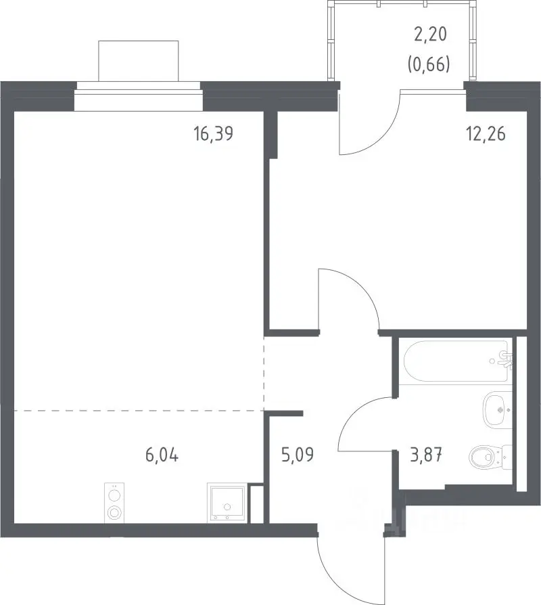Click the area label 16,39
pyautogui.click(x=214, y=134)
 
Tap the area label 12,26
pyautogui.click(x=486, y=134)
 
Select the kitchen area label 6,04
pyautogui.click(x=162, y=455)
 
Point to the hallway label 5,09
pyautogui.click(x=298, y=455)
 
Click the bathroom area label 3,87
pyautogui.click(x=426, y=455)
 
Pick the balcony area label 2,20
pyautogui.click(x=430, y=34)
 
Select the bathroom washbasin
pyautogui.click(x=498, y=410)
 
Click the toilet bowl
pyautogui.click(x=484, y=457)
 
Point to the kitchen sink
pyautogui.click(x=227, y=503)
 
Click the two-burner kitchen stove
pyautogui.click(x=114, y=503)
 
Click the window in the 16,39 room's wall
pyautogui.click(x=139, y=96)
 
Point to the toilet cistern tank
pyautogui.click(x=507, y=457)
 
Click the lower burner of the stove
pyautogui.click(x=114, y=513)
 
